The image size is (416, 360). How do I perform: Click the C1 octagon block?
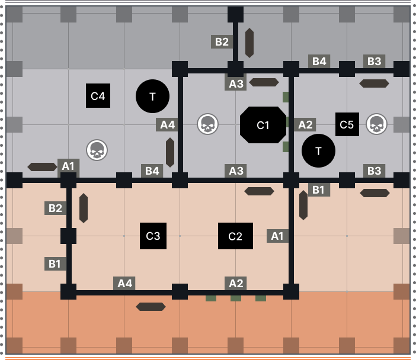263,125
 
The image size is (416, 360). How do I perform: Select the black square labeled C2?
235,236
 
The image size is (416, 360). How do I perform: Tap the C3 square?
153,236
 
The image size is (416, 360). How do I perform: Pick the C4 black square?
98,96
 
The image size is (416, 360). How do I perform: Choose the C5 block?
347,124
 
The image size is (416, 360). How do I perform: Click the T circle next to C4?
152,96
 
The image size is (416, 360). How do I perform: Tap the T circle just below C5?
318,150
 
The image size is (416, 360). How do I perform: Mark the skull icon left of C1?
207,124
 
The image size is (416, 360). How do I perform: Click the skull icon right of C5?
376,124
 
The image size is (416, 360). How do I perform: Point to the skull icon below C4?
97,150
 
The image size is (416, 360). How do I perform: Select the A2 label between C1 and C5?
305,124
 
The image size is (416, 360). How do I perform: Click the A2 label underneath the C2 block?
236,283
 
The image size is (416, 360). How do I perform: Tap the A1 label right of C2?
277,236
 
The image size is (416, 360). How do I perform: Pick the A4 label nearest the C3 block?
124,283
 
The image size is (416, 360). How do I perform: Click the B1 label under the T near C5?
319,189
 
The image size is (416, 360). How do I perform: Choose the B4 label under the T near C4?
152,171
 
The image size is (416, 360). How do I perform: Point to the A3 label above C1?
236,84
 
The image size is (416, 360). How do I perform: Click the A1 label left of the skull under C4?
69,166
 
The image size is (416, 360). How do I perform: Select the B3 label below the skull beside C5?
374,171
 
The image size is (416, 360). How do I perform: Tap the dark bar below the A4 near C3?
151,307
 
